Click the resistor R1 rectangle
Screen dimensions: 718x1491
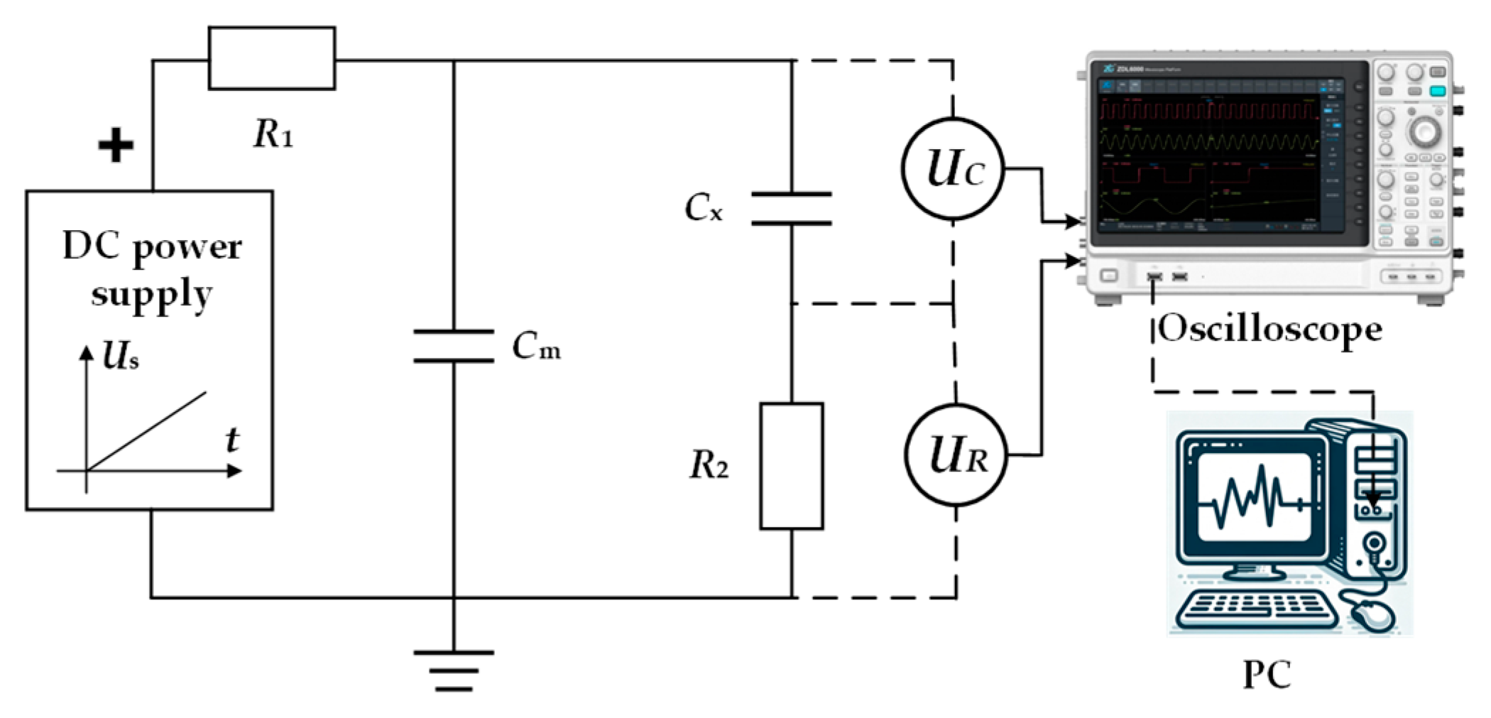[x=272, y=58]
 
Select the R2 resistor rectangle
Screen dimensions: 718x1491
[x=791, y=466]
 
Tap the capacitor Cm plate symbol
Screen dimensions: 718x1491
[x=454, y=346]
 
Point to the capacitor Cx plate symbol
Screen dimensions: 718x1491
[x=791, y=208]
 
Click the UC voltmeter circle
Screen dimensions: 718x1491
[x=953, y=169]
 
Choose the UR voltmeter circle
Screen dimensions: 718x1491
[x=956, y=455]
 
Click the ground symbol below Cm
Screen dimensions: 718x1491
[x=454, y=670]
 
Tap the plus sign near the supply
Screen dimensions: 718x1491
[x=116, y=146]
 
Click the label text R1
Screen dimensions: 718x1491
[x=273, y=133]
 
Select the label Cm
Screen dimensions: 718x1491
[x=536, y=347]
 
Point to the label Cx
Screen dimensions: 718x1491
[x=703, y=208]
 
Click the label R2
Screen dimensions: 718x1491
[x=709, y=466]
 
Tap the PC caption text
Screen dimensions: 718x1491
[x=1267, y=674]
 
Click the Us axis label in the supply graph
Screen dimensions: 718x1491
[x=120, y=356]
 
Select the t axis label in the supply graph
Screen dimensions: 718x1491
[x=231, y=440]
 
